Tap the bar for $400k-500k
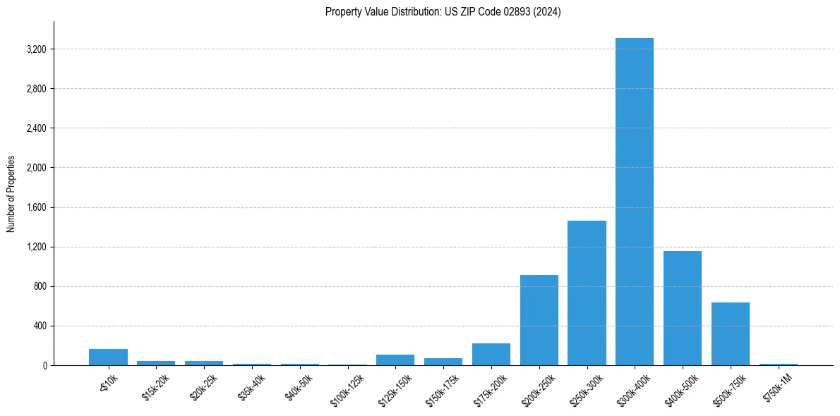tap(682, 308)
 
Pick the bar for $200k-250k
tap(539, 320)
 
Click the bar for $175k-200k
tap(491, 354)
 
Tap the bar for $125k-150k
tap(395, 360)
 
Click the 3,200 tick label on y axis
tap(35, 49)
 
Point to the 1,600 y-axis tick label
tap(35, 207)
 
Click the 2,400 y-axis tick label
tap(35, 128)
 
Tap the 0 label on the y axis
tap(44, 365)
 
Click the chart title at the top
tap(443, 12)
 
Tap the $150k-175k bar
tap(443, 362)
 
